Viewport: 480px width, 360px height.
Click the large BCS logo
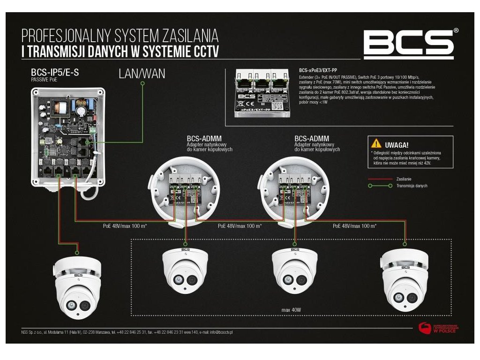click(409, 44)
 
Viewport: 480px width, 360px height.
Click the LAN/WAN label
click(142, 74)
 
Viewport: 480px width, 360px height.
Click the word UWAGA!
click(396, 145)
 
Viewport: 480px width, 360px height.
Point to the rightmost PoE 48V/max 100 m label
click(355, 226)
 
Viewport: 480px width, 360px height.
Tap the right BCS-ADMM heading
click(312, 139)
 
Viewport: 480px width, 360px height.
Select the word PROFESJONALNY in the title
click(70, 35)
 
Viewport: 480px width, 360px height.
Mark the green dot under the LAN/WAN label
click(142, 83)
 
